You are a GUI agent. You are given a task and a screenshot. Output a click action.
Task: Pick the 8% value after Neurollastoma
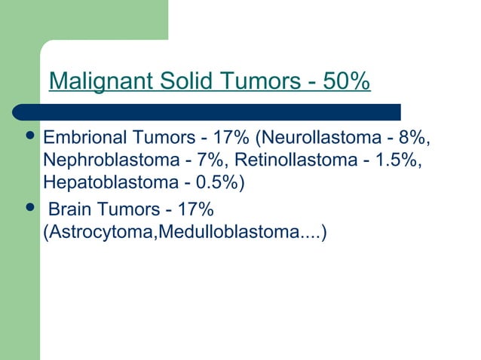[416, 139]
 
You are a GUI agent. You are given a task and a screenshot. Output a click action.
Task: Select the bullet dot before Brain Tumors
[29, 208]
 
